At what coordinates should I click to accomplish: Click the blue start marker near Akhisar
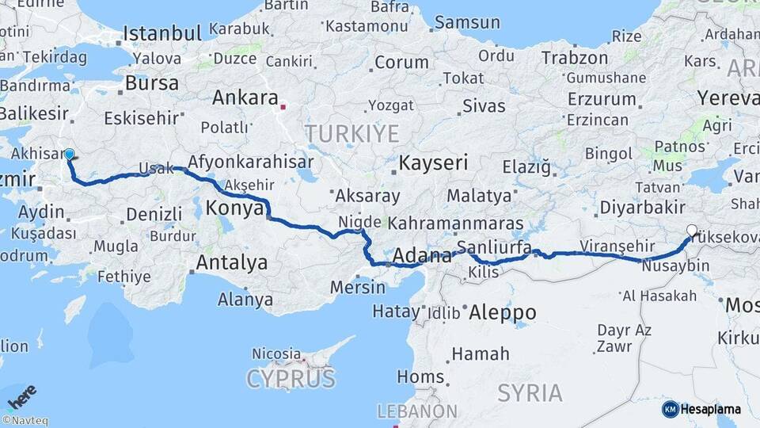click(x=69, y=155)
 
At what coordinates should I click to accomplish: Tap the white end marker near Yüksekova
click(x=692, y=231)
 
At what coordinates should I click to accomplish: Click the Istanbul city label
click(x=163, y=33)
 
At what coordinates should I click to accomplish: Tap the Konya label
click(x=234, y=208)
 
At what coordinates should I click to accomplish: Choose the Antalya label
click(x=231, y=262)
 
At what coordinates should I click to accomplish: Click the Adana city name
click(x=422, y=256)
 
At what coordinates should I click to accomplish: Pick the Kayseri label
click(x=433, y=163)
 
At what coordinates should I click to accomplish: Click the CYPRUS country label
click(x=291, y=379)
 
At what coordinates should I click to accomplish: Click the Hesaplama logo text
click(x=710, y=409)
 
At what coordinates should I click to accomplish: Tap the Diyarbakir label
click(x=631, y=208)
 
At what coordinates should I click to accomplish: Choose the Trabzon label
click(x=575, y=58)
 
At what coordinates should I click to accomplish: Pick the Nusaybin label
click(x=678, y=266)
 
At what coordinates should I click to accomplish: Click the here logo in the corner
click(x=21, y=396)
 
